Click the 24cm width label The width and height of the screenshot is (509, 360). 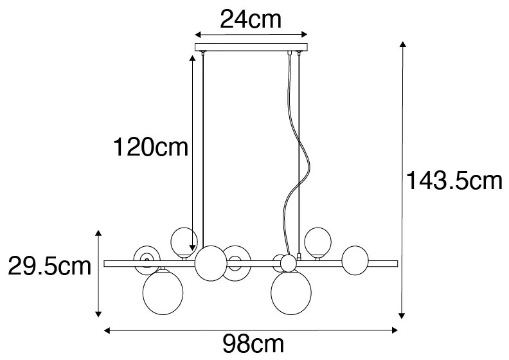click(x=251, y=20)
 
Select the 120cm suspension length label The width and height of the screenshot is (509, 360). click(x=150, y=148)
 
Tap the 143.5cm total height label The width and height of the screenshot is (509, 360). click(x=454, y=181)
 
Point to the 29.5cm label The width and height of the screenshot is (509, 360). click(x=49, y=265)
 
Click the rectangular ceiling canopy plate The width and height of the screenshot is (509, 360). click(x=251, y=47)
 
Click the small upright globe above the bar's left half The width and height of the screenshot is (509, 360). click(x=184, y=240)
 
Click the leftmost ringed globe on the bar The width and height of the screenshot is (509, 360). click(x=146, y=259)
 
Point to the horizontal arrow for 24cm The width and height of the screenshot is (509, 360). click(x=251, y=35)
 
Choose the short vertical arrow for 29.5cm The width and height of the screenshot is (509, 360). click(x=98, y=273)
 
